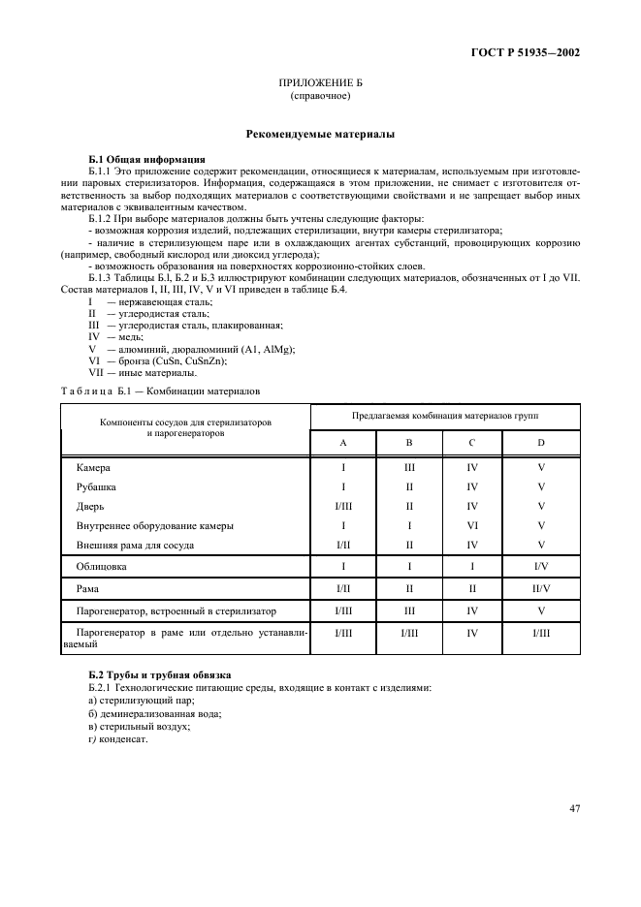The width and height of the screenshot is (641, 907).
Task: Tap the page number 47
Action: [x=574, y=807]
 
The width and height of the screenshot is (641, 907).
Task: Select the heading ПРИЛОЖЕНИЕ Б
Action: [x=320, y=85]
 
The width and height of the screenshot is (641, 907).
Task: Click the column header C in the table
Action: [x=472, y=442]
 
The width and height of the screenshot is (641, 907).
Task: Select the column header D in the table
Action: [x=541, y=442]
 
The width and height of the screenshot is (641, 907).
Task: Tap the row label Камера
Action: [x=93, y=467]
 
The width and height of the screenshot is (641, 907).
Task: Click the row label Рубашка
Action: [x=96, y=486]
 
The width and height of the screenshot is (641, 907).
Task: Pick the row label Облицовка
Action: [x=102, y=564]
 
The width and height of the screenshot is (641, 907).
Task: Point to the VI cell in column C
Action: [x=472, y=525]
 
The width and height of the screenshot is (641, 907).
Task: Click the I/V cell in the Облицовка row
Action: [x=541, y=564]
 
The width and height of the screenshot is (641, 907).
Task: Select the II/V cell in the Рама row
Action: [x=541, y=588]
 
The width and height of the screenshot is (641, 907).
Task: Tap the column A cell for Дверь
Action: [x=343, y=506]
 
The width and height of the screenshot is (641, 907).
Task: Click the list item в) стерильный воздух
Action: [x=139, y=726]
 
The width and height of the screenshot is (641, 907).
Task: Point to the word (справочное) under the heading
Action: [x=320, y=97]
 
